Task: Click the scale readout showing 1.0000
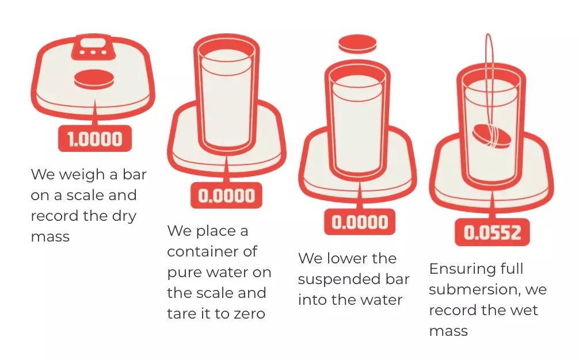(95, 139)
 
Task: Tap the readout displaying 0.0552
(492, 232)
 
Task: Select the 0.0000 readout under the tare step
(226, 196)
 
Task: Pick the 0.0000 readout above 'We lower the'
(360, 222)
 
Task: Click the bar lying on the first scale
(94, 79)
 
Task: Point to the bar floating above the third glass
(357, 44)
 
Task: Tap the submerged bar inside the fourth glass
(492, 136)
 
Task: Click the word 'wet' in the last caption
(524, 310)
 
